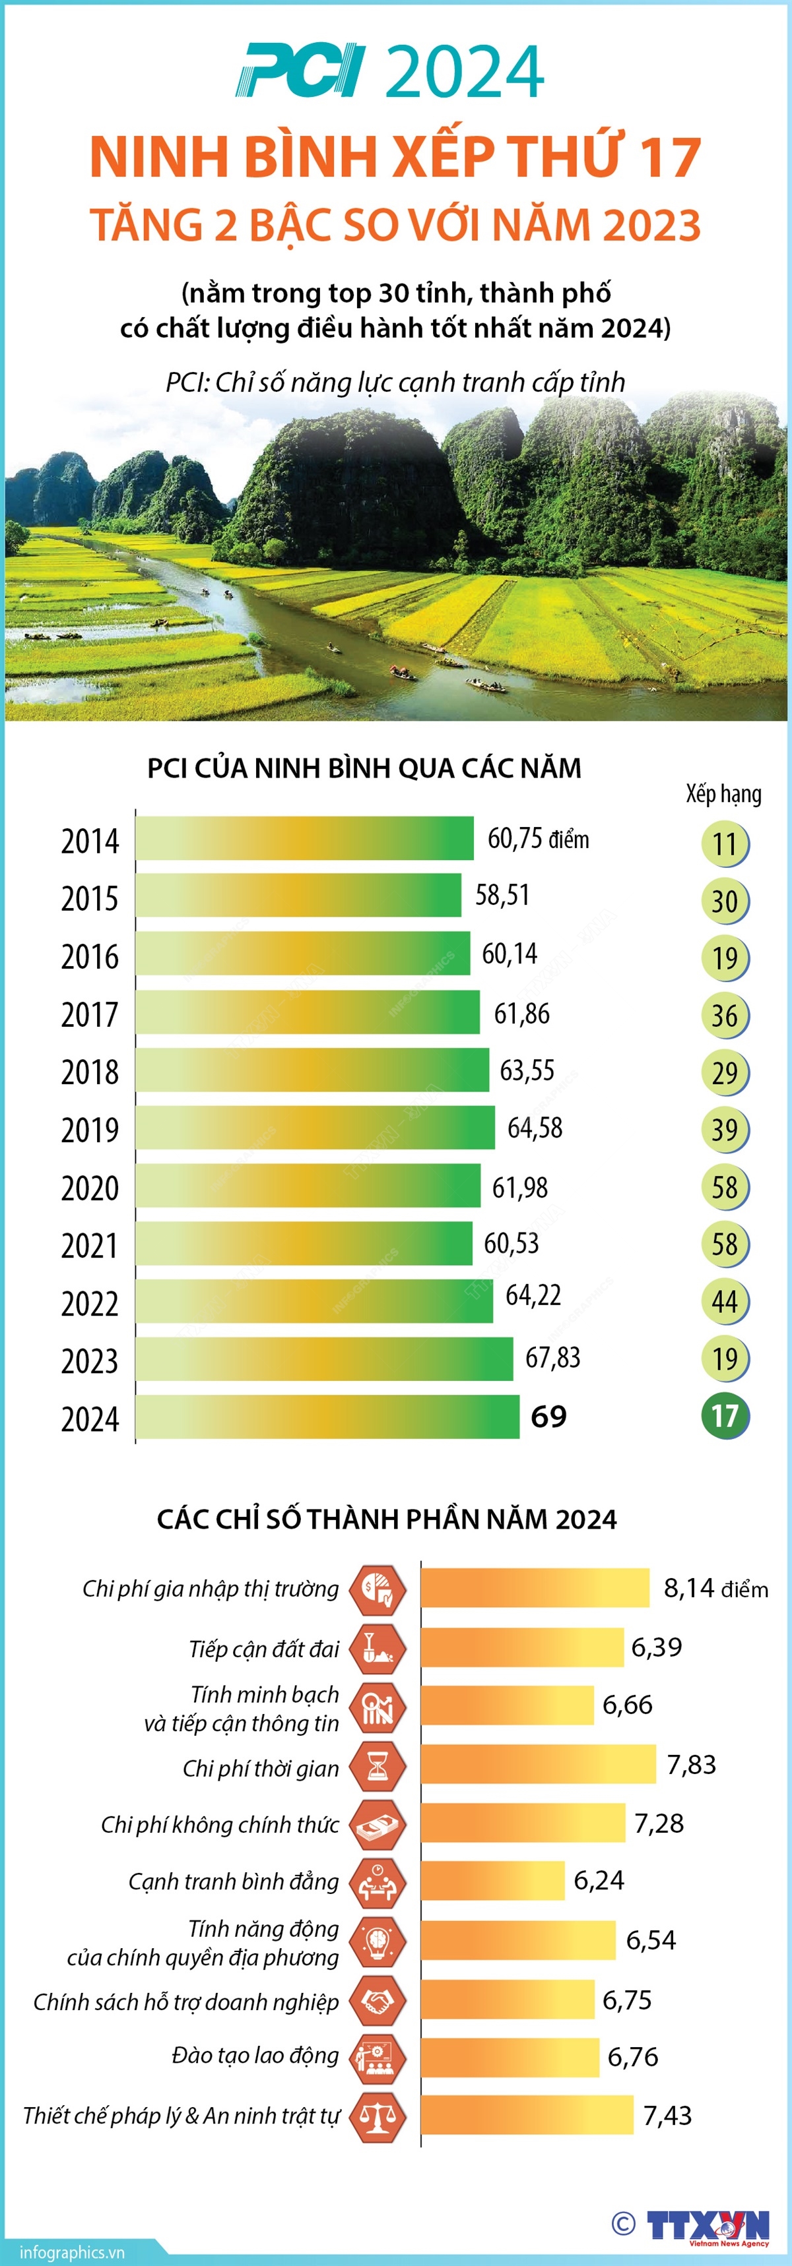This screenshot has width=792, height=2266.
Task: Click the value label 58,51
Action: pyautogui.click(x=502, y=896)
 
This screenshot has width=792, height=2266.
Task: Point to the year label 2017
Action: pyautogui.click(x=89, y=1014)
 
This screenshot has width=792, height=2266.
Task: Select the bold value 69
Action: pyautogui.click(x=549, y=1417)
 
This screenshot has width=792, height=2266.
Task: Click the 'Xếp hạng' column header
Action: pyautogui.click(x=723, y=793)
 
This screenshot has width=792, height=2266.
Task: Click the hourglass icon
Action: pyautogui.click(x=378, y=1765)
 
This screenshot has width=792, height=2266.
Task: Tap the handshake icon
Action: pyautogui.click(x=378, y=2000)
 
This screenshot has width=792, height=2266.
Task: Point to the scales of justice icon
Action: pyautogui.click(x=378, y=2116)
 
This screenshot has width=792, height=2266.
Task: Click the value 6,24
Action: pyautogui.click(x=599, y=1881)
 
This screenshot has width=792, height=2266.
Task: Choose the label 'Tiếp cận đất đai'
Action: pyautogui.click(x=264, y=1649)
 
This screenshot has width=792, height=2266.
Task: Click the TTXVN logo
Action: pyautogui.click(x=708, y=2226)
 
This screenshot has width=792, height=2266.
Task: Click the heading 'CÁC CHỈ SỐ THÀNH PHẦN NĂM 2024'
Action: pyautogui.click(x=387, y=1519)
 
